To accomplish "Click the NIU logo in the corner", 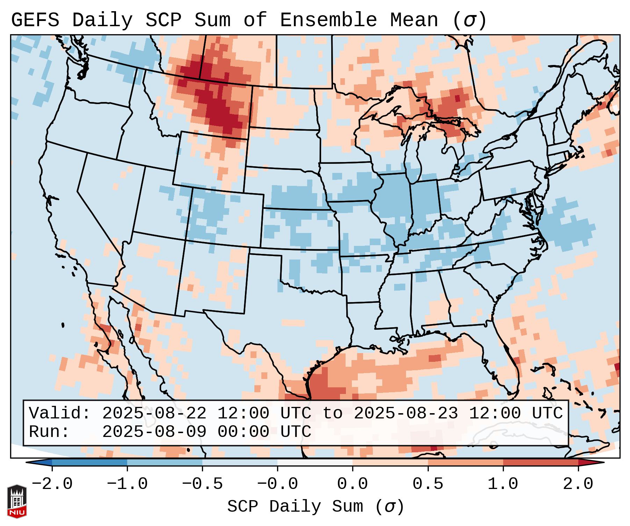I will click(x=16, y=501).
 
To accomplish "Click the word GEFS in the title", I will click(x=35, y=20).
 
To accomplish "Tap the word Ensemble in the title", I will click(x=328, y=20).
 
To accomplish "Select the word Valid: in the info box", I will click(x=60, y=414).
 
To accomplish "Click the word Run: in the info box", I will click(x=49, y=432).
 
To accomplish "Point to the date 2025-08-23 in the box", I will click(x=406, y=414).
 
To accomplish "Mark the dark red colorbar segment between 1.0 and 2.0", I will click(x=540, y=462).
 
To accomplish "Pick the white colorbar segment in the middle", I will click(x=315, y=462).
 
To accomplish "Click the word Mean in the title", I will click(x=414, y=20).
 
